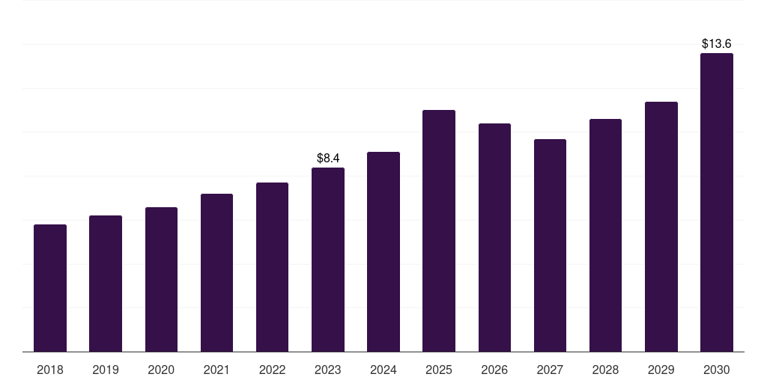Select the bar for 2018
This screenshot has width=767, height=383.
(x=50, y=288)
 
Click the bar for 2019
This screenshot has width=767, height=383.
(x=106, y=284)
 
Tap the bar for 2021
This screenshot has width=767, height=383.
(x=216, y=272)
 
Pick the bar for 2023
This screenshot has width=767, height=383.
(x=328, y=260)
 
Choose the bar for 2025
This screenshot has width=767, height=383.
(x=439, y=231)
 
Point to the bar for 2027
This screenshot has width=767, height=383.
(x=550, y=245)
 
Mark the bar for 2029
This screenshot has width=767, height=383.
(x=661, y=227)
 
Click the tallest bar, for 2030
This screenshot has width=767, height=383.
(x=717, y=202)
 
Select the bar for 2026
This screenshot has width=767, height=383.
(x=494, y=238)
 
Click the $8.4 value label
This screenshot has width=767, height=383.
(x=328, y=159)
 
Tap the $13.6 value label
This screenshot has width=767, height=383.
(x=717, y=44)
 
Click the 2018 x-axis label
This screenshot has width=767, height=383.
(x=50, y=370)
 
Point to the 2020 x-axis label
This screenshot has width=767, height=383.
(x=161, y=370)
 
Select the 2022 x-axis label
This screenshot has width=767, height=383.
(x=272, y=370)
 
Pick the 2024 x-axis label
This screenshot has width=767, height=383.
(x=383, y=370)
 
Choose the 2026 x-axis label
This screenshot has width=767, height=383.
(x=494, y=370)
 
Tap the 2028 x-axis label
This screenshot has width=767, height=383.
(x=605, y=370)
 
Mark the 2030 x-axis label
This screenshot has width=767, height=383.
(x=717, y=370)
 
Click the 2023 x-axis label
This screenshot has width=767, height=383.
(x=328, y=370)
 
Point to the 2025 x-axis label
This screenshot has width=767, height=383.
(x=439, y=370)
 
